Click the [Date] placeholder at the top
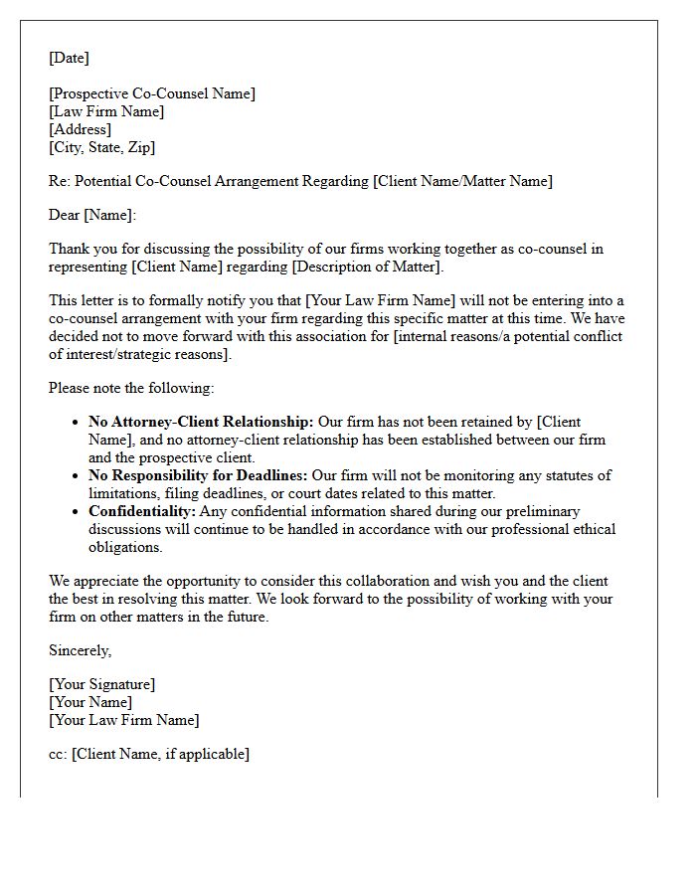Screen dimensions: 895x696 click(x=69, y=58)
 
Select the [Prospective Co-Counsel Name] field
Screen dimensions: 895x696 click(x=152, y=93)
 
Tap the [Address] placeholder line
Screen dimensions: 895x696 click(x=80, y=129)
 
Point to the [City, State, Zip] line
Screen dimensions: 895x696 click(x=101, y=147)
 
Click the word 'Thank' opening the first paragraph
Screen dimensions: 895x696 click(x=69, y=249)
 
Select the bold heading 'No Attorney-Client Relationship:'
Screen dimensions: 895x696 click(x=201, y=422)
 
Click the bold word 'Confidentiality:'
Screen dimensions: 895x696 click(x=141, y=511)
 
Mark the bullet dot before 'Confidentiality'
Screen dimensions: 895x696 click(x=76, y=512)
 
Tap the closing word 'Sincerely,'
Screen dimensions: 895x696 click(x=81, y=650)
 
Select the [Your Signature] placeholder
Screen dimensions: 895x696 click(x=101, y=684)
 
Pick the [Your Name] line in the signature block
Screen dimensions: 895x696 click(x=89, y=702)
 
